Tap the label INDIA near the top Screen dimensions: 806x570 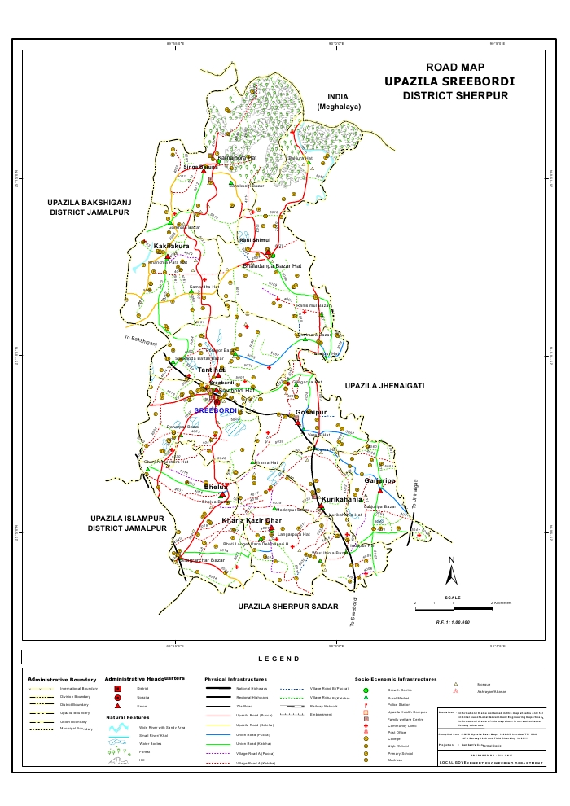(332, 96)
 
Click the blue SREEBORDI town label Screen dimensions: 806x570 (216, 411)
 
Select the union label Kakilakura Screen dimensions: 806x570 (172, 245)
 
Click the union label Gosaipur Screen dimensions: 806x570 (310, 414)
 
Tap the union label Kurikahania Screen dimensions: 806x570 (342, 498)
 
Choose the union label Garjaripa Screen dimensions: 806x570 (380, 481)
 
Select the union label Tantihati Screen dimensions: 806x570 (212, 370)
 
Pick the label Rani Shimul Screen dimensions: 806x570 (254, 241)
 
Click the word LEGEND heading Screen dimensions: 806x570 (279, 658)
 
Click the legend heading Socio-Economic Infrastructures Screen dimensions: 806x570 (396, 678)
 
